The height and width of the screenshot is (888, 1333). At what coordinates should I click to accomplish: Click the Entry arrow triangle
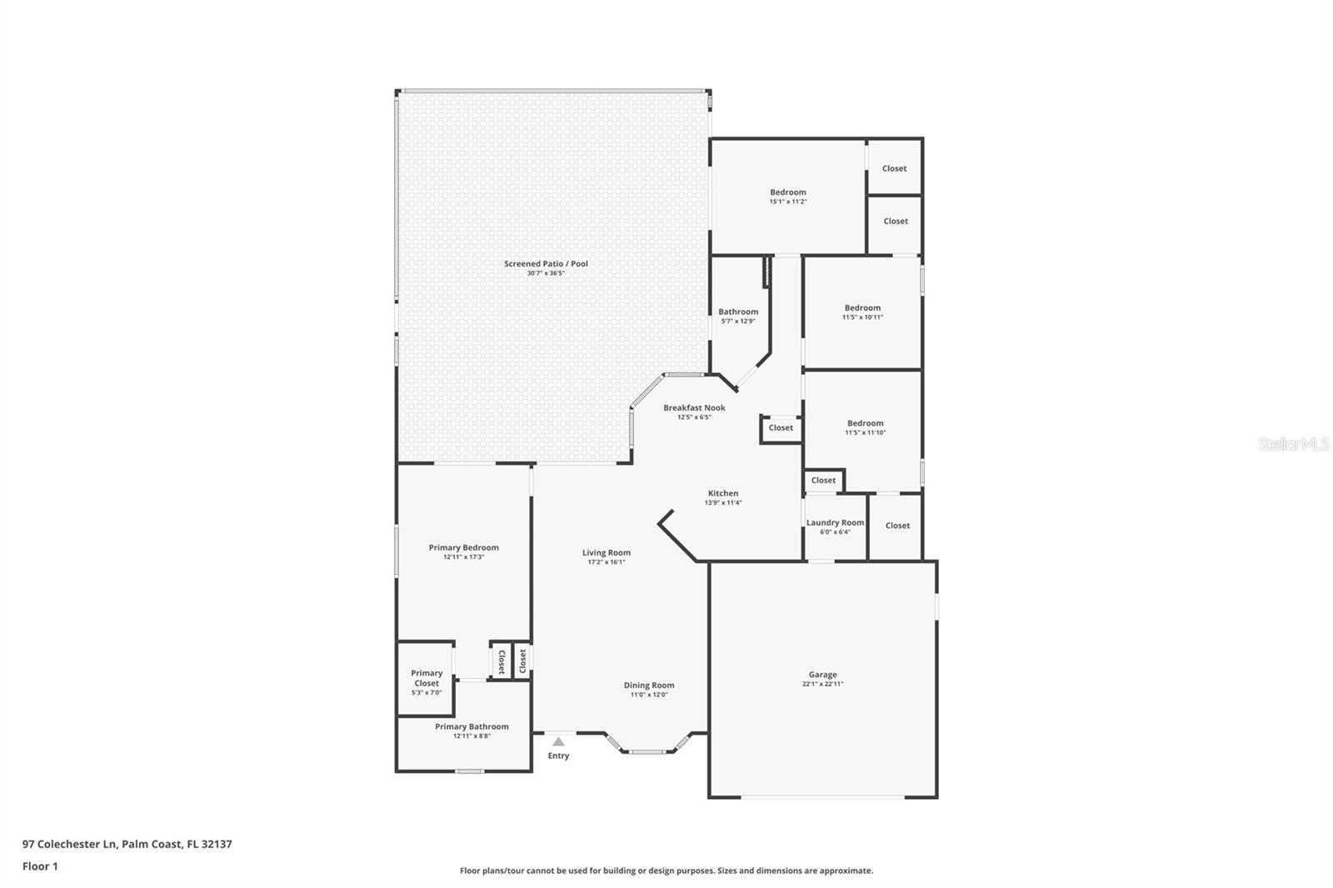point(558,741)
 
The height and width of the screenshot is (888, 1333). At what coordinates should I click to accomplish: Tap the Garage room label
point(822,675)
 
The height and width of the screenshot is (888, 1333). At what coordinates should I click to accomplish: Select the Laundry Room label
point(835,522)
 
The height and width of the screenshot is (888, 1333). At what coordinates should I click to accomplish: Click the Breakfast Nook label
point(694,407)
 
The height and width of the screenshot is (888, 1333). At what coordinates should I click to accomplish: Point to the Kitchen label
point(723,493)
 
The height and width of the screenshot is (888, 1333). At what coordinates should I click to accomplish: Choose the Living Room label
point(607,553)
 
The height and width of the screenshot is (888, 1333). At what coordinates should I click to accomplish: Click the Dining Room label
point(649,686)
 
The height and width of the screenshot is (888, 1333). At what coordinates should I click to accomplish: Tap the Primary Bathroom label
point(472,726)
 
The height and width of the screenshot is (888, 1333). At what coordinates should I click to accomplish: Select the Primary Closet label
point(427,678)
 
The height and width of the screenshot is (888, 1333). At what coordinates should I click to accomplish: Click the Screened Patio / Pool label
point(546,264)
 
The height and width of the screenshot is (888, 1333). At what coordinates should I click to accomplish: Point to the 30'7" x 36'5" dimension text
point(546,273)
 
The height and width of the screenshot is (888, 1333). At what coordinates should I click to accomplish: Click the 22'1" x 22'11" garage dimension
point(822,684)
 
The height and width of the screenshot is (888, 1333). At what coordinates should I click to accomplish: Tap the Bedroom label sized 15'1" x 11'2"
point(788,192)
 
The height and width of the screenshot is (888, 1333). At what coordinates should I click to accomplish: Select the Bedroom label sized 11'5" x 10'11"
point(862,307)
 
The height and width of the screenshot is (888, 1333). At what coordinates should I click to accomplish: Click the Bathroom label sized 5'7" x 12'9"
point(738,312)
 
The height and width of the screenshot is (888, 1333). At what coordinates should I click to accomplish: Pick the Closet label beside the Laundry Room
point(897,526)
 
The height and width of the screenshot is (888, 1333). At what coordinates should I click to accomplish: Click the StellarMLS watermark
point(1294,443)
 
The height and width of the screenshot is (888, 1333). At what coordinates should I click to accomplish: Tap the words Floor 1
point(40,866)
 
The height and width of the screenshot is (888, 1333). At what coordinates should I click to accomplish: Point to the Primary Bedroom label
point(463,547)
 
